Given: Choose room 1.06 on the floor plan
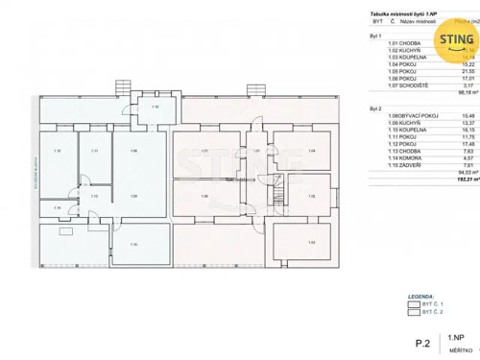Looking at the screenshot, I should pyautogui.click(x=204, y=197).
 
